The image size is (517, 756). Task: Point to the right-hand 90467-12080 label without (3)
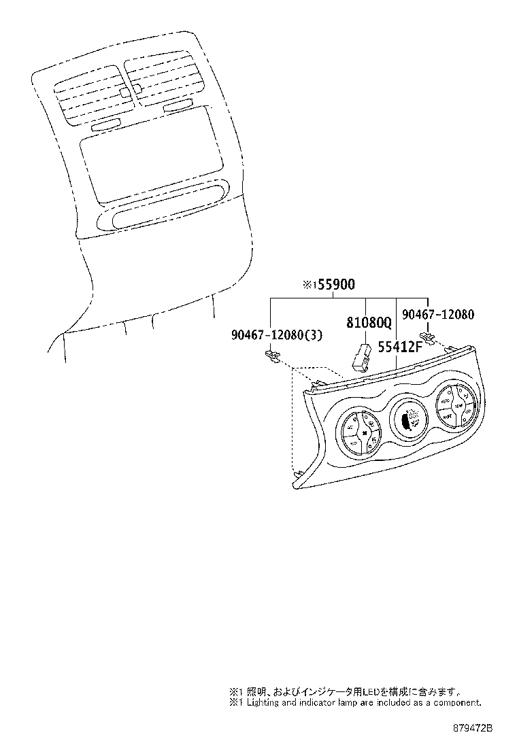coord(437,315)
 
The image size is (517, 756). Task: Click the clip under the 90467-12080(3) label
coord(273,356)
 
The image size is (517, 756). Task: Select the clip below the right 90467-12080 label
coord(427,337)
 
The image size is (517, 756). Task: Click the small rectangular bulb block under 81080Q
coord(361,356)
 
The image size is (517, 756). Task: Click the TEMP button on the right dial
coord(459,406)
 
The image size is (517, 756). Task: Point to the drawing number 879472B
coord(473,728)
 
